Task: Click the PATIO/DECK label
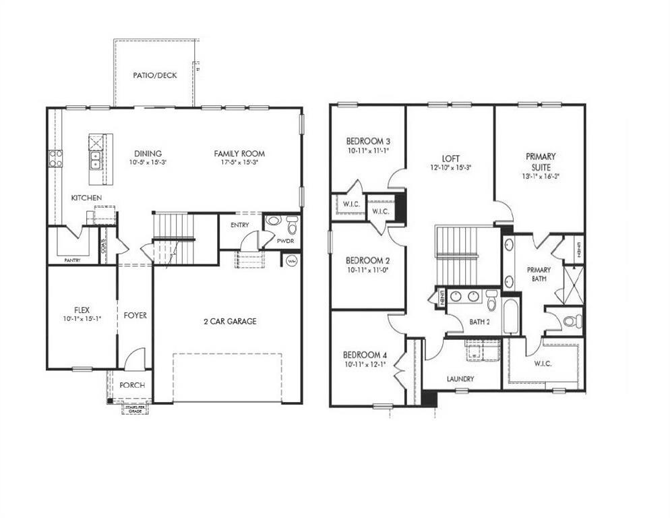154,75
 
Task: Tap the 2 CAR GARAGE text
230,322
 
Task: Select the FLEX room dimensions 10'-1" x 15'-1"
82,319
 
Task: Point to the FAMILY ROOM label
239,154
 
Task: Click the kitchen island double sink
96,160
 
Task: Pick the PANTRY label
72,260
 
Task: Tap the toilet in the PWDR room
291,223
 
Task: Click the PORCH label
132,385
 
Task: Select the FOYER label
135,315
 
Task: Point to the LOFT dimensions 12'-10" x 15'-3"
450,168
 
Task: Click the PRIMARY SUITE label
541,161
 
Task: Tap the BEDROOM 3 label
368,141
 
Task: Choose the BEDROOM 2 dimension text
368,270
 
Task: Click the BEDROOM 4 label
365,355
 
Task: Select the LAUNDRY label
460,379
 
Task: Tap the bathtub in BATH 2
510,317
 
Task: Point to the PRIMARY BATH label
539,274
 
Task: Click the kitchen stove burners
55,159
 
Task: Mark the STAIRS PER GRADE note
135,407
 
